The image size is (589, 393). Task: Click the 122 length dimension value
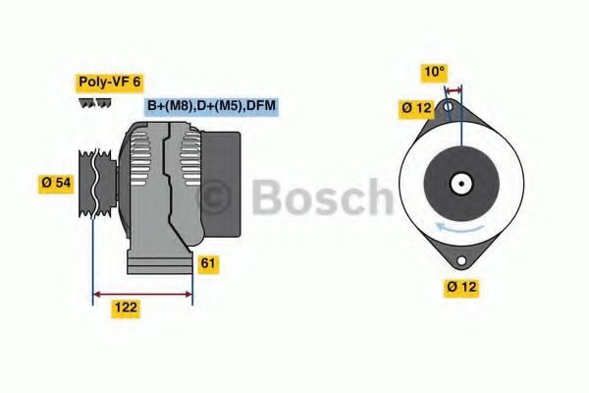coord(124,308)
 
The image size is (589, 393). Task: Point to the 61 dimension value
coord(208,263)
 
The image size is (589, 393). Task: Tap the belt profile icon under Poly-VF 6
coord(95,102)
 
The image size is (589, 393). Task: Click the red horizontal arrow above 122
coord(142,293)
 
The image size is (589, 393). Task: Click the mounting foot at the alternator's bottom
coord(157,263)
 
